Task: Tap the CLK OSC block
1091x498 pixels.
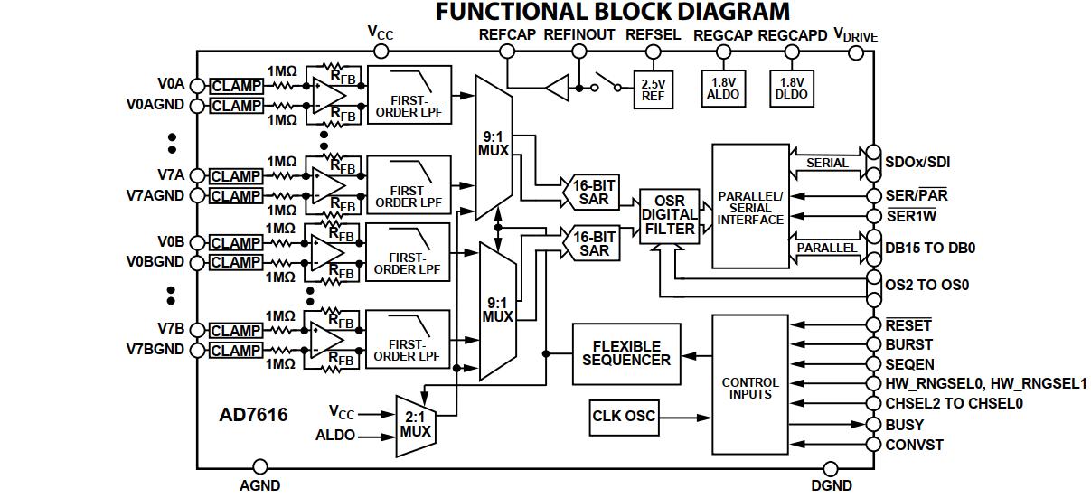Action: [624, 417]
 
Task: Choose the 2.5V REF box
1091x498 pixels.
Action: [653, 89]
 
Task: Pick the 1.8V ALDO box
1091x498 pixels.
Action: [723, 88]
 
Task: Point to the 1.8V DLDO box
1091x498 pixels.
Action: [792, 88]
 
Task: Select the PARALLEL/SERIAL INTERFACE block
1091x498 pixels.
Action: [750, 207]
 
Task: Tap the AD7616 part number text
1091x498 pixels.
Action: [253, 416]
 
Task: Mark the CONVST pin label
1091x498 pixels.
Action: [914, 445]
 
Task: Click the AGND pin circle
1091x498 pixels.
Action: [260, 467]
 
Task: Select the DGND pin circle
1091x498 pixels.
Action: [832, 467]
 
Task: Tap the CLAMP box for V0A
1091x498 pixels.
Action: [236, 87]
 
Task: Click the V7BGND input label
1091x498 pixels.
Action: [155, 350]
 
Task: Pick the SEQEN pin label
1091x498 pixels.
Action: [910, 364]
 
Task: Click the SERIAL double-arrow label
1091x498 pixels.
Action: [827, 163]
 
